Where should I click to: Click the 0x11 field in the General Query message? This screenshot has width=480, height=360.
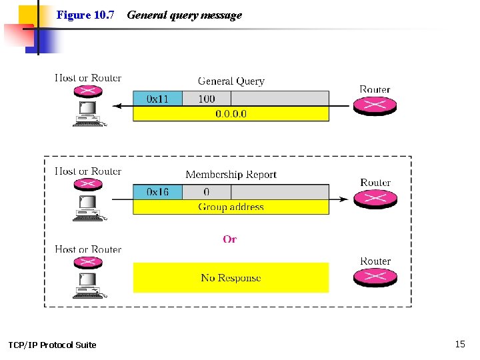[157, 99]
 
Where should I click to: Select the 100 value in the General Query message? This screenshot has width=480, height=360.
[207, 99]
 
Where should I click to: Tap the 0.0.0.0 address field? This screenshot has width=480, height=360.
[231, 113]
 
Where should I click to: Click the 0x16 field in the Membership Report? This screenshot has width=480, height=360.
[157, 192]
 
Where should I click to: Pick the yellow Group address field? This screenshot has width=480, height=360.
[231, 207]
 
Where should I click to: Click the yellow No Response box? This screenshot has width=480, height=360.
[231, 277]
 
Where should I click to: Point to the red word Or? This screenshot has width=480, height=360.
[230, 239]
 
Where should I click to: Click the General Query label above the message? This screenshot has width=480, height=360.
[231, 81]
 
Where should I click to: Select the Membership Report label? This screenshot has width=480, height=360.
[231, 175]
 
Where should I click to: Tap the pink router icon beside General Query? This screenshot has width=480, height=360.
[375, 106]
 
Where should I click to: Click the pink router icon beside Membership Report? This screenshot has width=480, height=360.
[375, 199]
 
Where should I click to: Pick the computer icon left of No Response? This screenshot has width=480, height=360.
[87, 282]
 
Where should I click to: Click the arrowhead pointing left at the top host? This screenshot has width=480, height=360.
[117, 105]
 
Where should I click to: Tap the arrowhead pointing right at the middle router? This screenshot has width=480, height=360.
[343, 199]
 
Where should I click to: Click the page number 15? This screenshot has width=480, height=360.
[459, 344]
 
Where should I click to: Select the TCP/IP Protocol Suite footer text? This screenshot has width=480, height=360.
[52, 345]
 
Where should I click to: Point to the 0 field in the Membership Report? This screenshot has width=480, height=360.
[207, 192]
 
